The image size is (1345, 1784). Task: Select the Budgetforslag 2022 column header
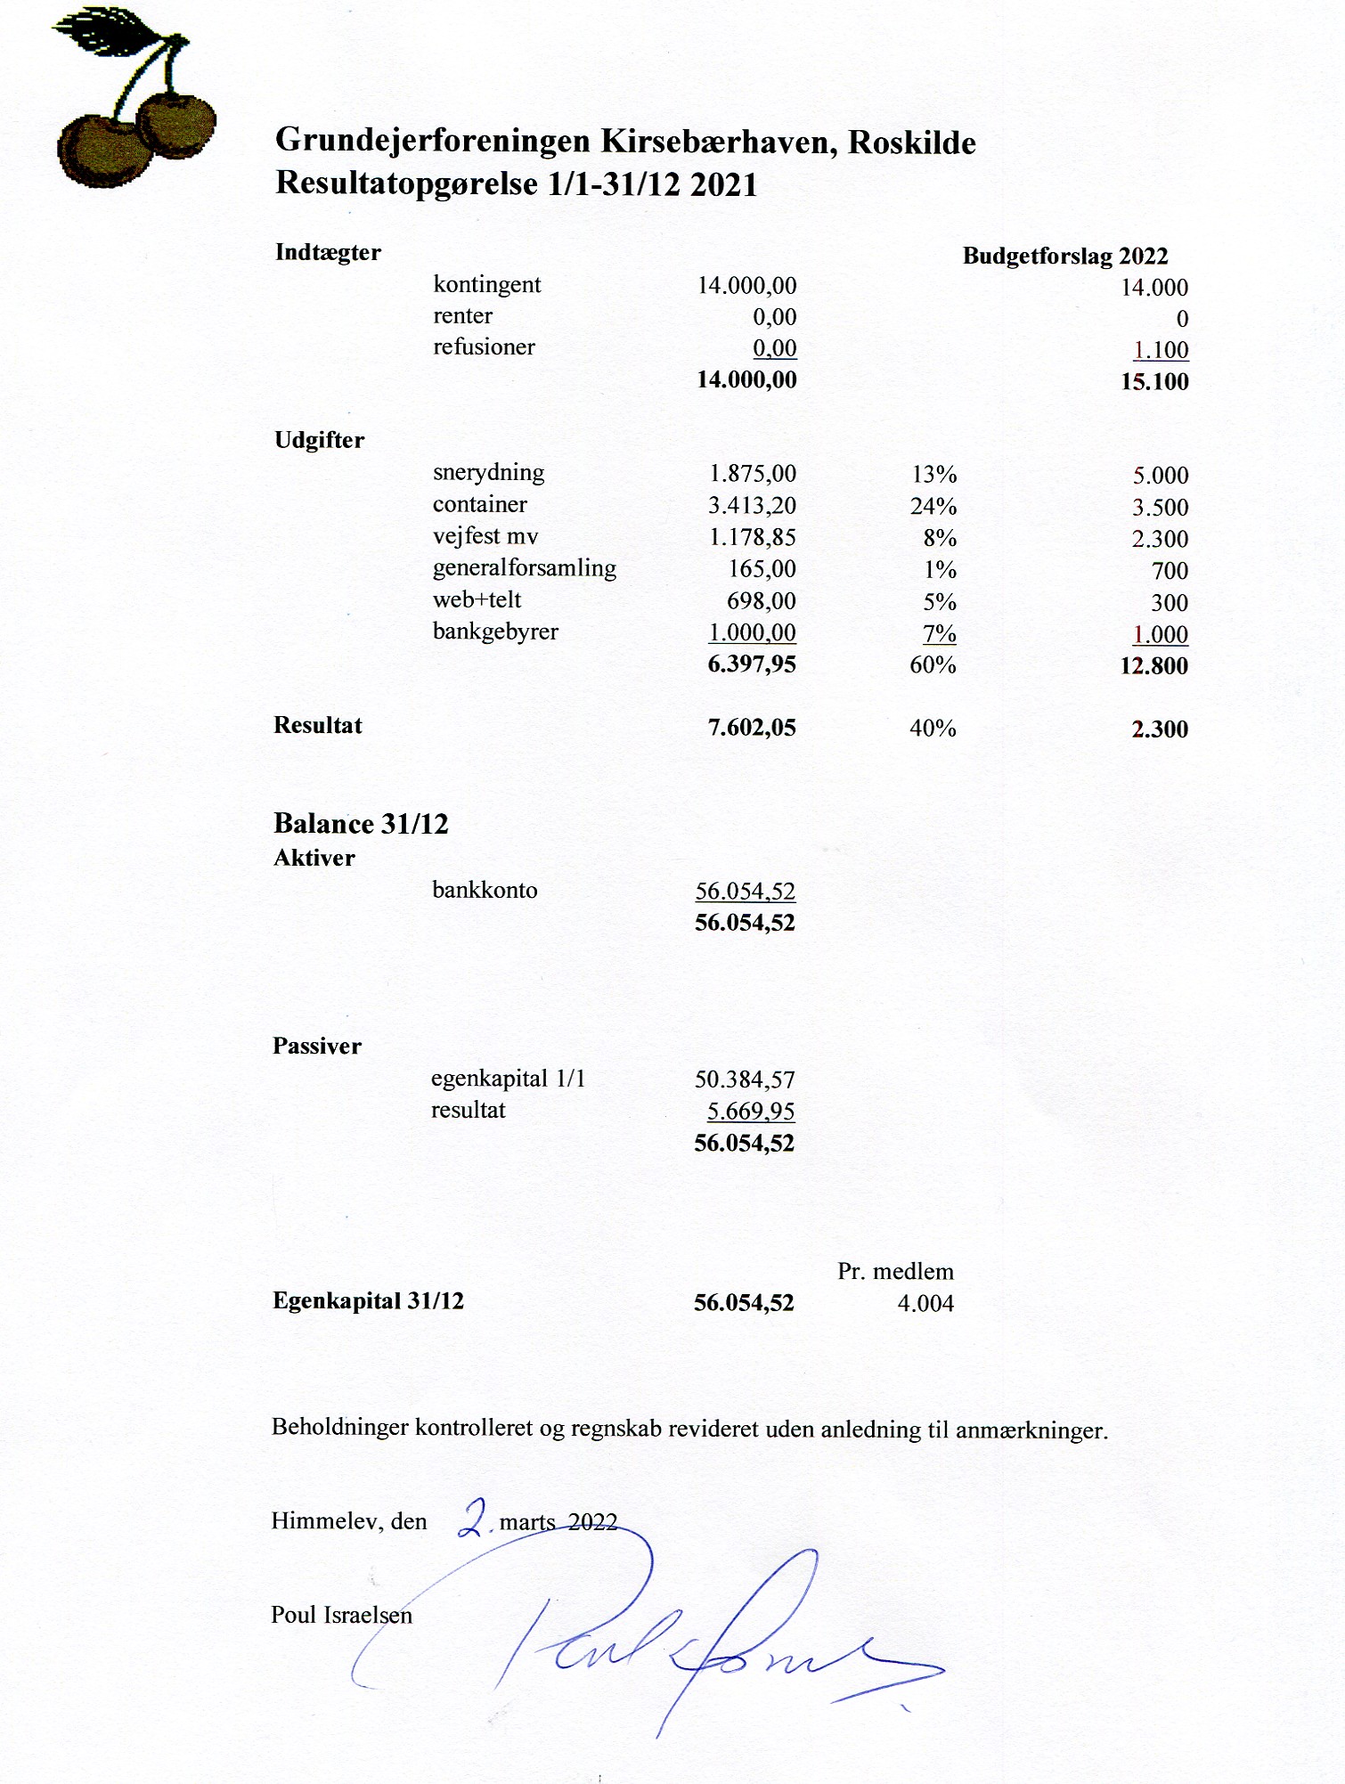pos(1064,257)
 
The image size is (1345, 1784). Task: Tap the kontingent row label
pos(486,285)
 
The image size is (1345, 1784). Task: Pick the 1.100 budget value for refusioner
pos(1160,350)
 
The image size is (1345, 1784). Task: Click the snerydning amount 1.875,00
pos(752,474)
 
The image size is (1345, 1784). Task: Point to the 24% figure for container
pos(933,507)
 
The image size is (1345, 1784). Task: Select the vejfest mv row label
pos(485,537)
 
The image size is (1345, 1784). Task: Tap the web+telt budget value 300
pos(1169,603)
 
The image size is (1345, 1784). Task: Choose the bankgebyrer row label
pos(495,632)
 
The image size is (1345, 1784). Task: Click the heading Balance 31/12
pos(361,824)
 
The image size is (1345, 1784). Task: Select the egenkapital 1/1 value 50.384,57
pos(745,1079)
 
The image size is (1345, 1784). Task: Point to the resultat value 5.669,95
pos(750,1112)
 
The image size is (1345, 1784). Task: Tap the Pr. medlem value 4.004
pos(925,1304)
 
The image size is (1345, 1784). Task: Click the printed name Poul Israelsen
pos(341,1615)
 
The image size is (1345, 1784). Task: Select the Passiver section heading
pos(317,1047)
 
